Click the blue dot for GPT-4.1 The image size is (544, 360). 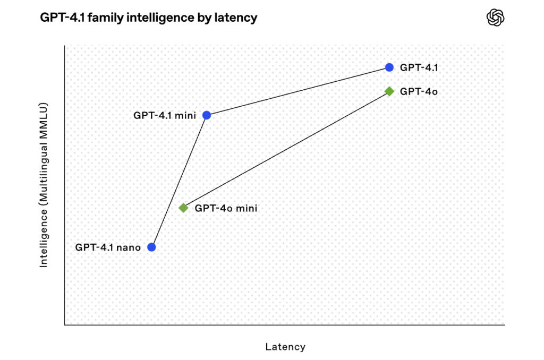pos(389,67)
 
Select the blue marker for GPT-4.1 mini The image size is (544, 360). pos(207,115)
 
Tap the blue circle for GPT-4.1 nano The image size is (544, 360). pos(151,247)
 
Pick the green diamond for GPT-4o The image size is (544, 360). pos(389,91)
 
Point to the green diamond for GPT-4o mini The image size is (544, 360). pos(183,208)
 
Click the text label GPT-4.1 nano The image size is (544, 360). pos(108,247)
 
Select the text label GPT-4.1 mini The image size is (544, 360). pos(165,115)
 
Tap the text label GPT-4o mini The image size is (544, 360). pos(226,208)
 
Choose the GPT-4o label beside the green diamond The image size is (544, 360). pos(419,91)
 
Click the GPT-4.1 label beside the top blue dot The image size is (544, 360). pos(419,67)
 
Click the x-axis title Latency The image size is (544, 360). pos(285,347)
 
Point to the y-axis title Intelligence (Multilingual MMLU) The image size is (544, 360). pos(44,185)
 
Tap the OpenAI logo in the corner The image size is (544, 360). pos(496,18)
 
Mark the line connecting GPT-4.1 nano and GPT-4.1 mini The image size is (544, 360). pos(179,181)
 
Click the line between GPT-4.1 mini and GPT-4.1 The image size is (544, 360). pos(297,91)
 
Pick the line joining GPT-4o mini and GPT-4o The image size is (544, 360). pos(286,150)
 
